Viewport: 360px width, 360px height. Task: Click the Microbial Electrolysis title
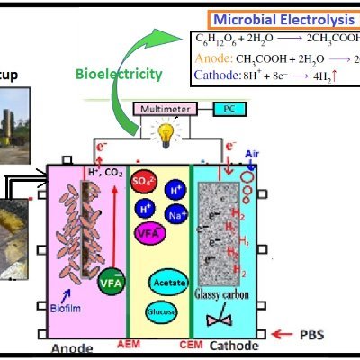(x=283, y=18)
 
